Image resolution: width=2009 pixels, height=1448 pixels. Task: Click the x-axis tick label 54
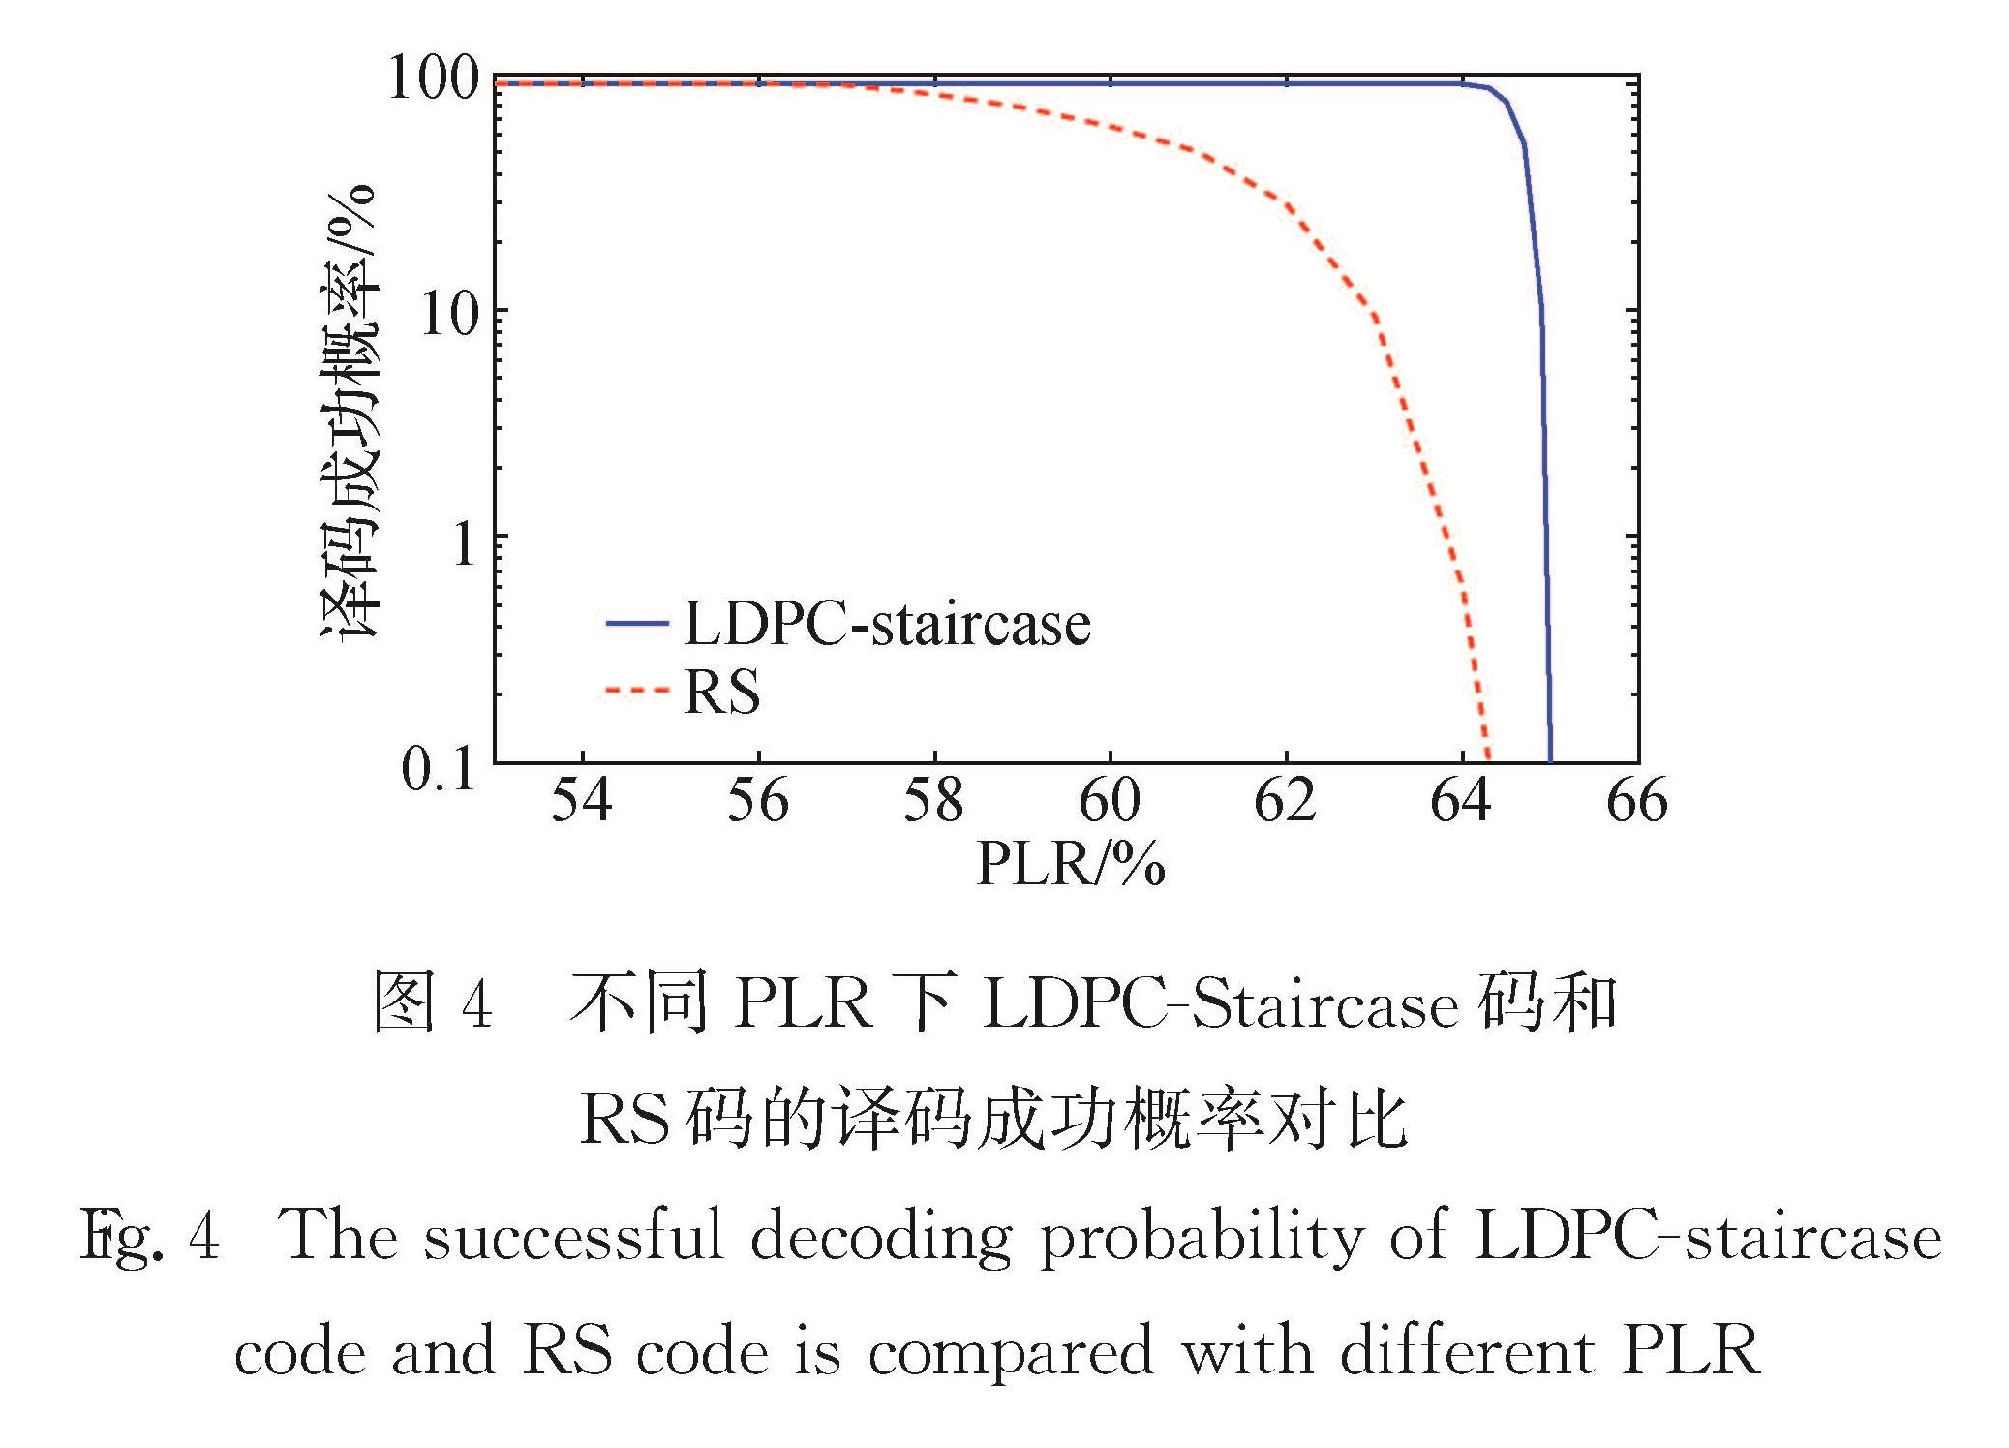pos(581,802)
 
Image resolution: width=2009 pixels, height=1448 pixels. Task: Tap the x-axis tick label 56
pos(757,802)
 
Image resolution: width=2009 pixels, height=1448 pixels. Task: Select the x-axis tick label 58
pos(933,802)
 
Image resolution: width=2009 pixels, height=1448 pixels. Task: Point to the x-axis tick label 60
pos(1110,802)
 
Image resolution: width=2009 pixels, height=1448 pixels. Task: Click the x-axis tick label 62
pos(1285,802)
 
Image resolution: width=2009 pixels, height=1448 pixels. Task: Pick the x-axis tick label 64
pos(1461,802)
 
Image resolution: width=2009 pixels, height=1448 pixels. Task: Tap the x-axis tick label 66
pos(1636,802)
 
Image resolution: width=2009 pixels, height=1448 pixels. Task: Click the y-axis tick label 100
pos(433,77)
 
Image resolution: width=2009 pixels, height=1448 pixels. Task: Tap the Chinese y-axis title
pos(350,412)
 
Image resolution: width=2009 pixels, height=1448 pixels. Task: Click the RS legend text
pos(721,692)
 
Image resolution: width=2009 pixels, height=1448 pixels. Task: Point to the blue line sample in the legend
pos(636,623)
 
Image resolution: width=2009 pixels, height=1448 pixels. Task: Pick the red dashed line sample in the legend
pos(636,691)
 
